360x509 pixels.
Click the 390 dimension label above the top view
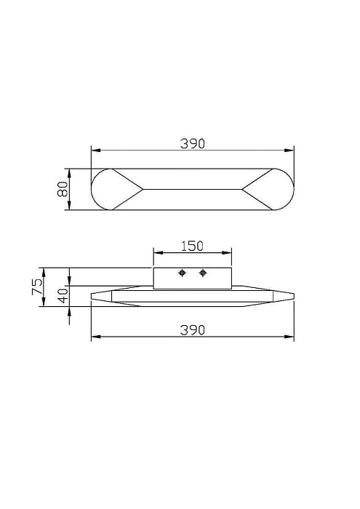point(192,143)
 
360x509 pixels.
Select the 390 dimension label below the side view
point(192,329)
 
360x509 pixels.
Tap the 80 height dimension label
point(63,190)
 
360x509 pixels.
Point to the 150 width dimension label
point(191,246)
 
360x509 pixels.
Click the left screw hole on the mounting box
point(183,273)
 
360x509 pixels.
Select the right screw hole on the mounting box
point(203,273)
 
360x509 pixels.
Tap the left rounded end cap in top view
point(109,190)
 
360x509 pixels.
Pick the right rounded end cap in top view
point(275,190)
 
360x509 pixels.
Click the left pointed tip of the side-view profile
point(91,297)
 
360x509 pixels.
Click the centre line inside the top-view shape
point(192,190)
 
